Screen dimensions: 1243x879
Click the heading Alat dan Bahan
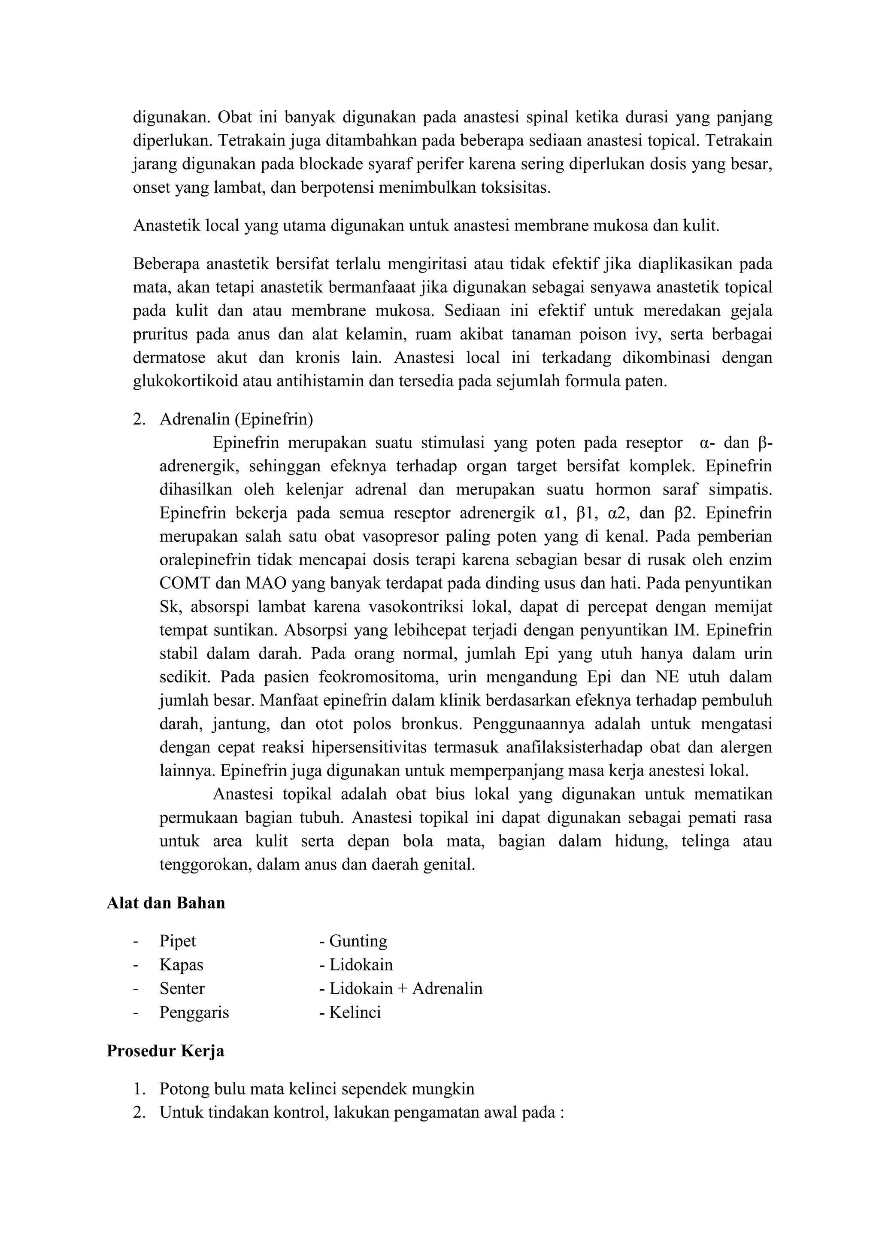pos(166,903)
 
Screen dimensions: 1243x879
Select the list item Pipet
pos(178,941)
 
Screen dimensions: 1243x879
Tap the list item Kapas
pos(181,965)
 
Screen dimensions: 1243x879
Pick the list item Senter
pos(182,988)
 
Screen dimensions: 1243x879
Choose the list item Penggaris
pos(194,1013)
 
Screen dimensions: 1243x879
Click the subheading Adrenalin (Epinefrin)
pos(236,419)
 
